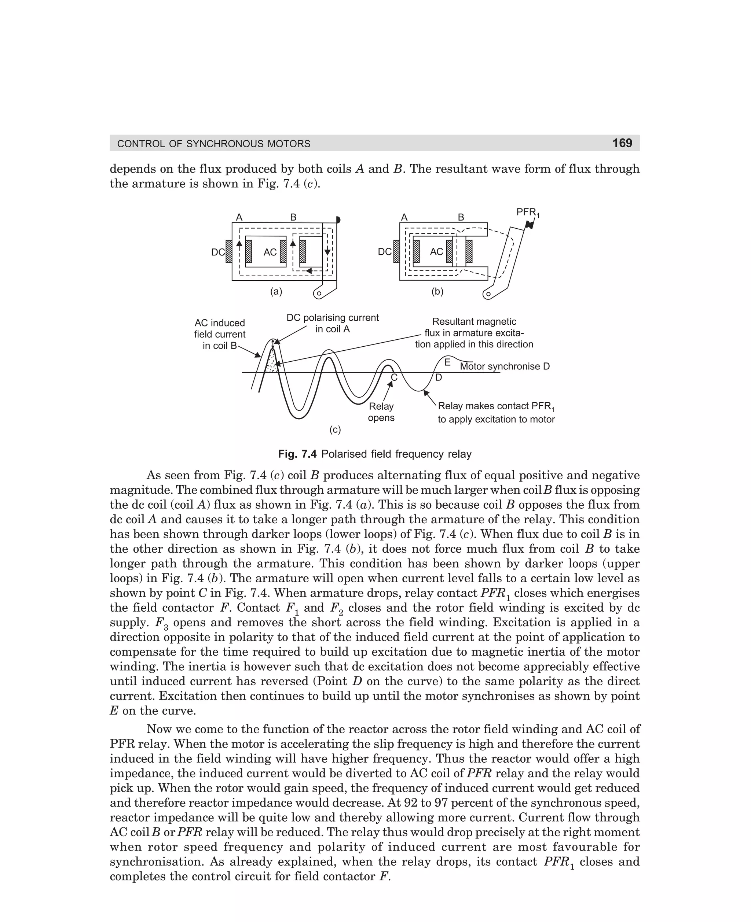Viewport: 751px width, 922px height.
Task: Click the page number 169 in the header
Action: point(622,143)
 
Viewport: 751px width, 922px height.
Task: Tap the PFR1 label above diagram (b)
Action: point(527,212)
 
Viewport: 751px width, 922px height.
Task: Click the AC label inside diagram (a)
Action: point(270,252)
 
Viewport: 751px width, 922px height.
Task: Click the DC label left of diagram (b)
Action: point(385,252)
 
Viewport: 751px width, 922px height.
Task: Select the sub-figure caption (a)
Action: point(276,292)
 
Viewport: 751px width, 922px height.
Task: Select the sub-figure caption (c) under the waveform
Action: point(335,429)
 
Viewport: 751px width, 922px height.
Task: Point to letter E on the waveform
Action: point(447,362)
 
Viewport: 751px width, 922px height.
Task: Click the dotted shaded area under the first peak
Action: point(272,362)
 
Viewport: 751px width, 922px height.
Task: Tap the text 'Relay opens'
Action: point(381,412)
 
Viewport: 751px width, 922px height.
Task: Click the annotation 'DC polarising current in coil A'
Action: point(332,323)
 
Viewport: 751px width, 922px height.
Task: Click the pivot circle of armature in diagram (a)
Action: point(319,294)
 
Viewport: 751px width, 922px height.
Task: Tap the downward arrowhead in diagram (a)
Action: point(327,252)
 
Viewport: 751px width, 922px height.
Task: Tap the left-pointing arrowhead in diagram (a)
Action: point(309,270)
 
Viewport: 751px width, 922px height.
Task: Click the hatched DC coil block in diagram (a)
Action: point(228,252)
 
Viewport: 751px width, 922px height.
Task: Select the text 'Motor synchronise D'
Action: point(505,366)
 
